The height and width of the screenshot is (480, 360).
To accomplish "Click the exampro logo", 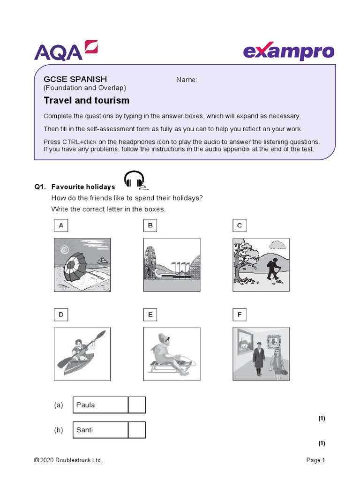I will click(x=288, y=52).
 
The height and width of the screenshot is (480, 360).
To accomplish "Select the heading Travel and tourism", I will click(x=86, y=100).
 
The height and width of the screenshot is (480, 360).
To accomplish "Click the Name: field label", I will click(x=187, y=80).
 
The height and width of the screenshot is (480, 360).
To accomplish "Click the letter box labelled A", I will click(x=60, y=225).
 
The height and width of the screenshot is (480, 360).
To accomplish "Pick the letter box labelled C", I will click(x=239, y=225).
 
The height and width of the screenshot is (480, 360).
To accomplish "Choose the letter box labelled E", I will click(x=150, y=315).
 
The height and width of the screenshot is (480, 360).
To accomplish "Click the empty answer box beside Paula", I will click(x=137, y=405).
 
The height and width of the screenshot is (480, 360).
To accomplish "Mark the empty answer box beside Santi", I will click(x=137, y=430).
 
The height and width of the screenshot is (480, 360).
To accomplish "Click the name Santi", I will click(x=85, y=430).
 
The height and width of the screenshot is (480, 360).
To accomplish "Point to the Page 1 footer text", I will click(x=315, y=460).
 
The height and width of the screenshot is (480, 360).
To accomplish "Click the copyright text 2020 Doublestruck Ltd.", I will click(x=68, y=460).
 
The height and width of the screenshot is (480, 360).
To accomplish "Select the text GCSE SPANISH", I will click(x=75, y=79).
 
